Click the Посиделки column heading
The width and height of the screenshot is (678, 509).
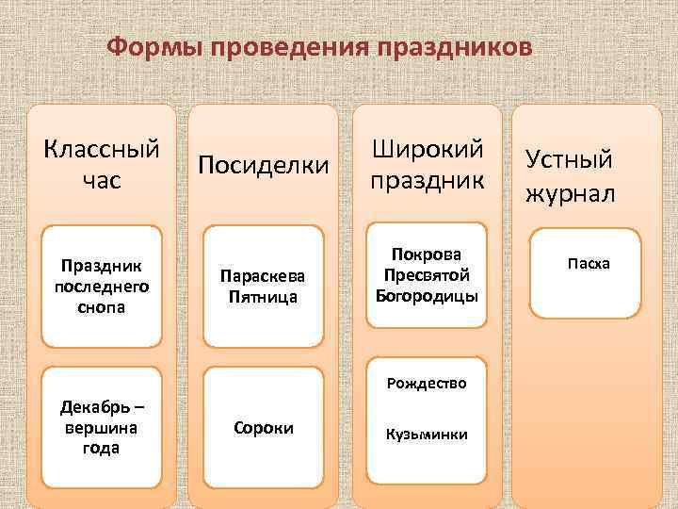click(x=264, y=166)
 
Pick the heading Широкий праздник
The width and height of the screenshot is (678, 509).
click(x=428, y=164)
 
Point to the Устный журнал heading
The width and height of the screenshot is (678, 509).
click(x=570, y=175)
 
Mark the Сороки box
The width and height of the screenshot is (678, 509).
click(x=264, y=428)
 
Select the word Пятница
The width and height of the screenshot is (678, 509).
click(x=264, y=297)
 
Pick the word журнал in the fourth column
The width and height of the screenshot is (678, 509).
click(x=570, y=193)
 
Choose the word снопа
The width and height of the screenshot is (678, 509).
click(x=100, y=307)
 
